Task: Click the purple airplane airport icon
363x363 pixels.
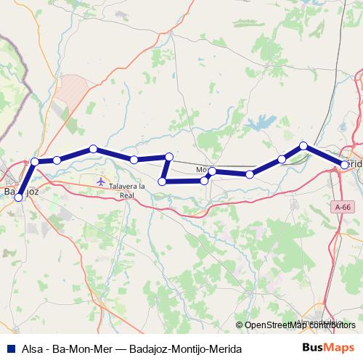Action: tap(100, 179)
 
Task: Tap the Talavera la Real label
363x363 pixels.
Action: tap(127, 191)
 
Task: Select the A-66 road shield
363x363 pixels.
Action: tap(344, 208)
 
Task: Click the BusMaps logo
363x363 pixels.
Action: tap(328, 348)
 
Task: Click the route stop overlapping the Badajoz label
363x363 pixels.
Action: tap(19, 197)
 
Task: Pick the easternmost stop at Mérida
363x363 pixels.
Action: tap(344, 166)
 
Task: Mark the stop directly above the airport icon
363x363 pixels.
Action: tap(94, 149)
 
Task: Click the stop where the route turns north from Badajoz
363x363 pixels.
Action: tap(35, 161)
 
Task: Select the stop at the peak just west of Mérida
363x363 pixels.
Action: tap(303, 146)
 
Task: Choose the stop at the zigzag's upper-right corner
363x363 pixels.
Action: tap(169, 156)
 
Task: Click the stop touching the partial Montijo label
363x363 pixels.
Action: tap(211, 171)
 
